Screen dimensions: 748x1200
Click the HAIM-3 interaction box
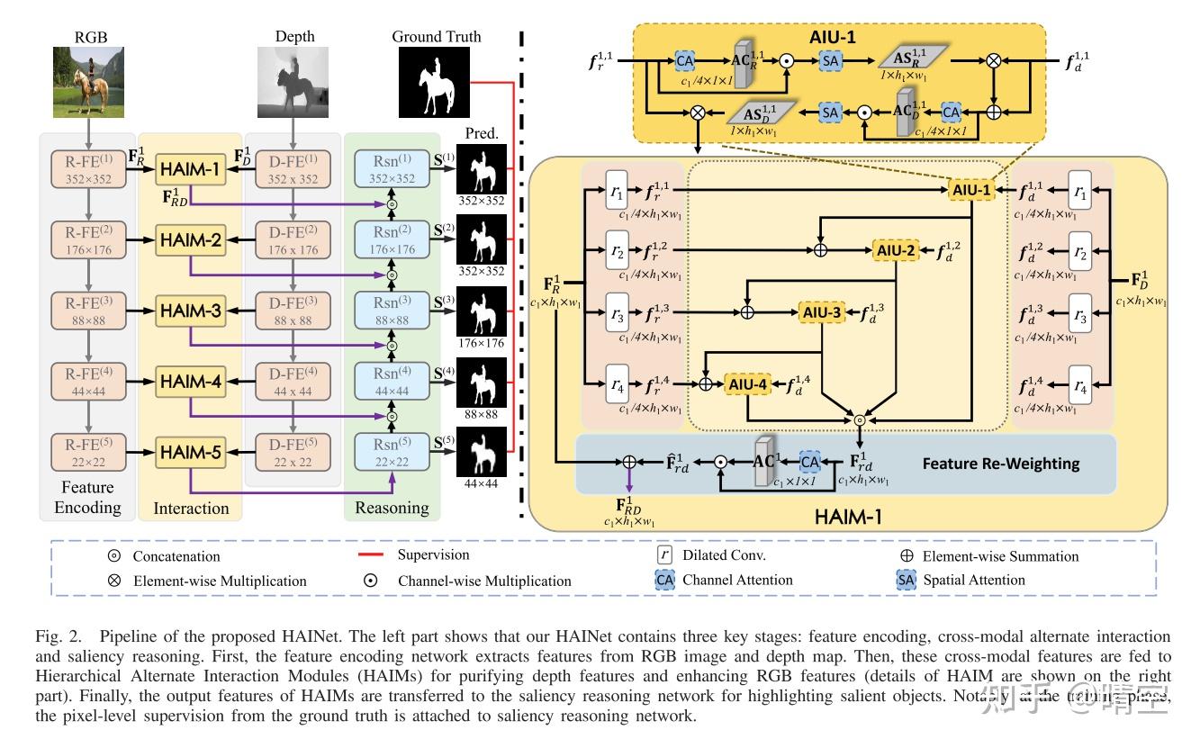(190, 311)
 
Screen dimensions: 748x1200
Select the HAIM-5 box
(190, 454)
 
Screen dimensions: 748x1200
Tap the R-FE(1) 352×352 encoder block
(87, 169)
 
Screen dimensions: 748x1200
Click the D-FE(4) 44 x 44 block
(293, 383)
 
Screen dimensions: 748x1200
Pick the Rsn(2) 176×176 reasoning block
(392, 240)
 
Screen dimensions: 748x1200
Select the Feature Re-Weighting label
(1000, 464)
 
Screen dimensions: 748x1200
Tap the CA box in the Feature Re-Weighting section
(810, 462)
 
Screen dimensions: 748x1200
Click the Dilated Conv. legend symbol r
(664, 555)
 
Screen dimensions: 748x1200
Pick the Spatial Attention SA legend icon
(906, 581)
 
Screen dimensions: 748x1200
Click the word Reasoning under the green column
(392, 508)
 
